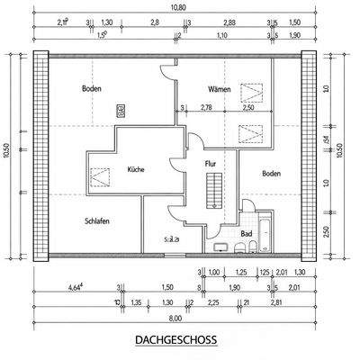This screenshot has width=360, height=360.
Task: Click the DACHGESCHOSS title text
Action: point(176,341)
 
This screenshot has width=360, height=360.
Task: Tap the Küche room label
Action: point(136,168)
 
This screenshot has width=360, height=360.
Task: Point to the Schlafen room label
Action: point(97,220)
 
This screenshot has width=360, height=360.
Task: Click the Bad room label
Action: point(246,232)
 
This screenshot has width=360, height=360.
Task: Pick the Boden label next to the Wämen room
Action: point(91,89)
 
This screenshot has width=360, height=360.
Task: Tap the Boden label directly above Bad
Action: point(272,173)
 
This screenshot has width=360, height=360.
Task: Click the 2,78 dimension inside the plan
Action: point(205,108)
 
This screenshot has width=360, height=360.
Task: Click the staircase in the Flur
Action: point(213,192)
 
